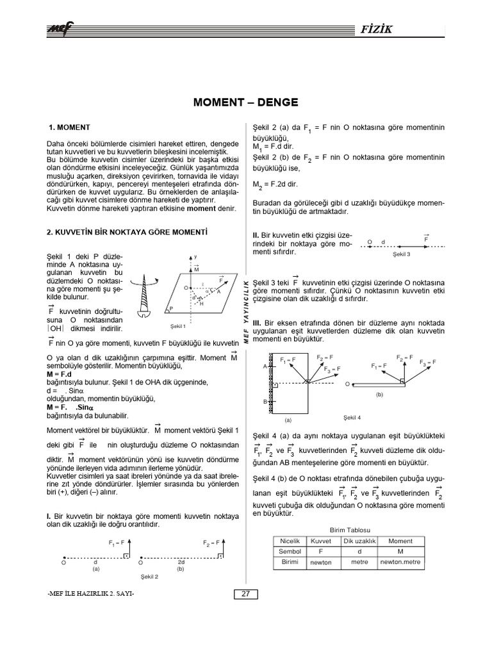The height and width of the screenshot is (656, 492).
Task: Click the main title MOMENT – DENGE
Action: pos(245,102)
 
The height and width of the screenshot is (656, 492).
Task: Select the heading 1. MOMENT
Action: pos(70,127)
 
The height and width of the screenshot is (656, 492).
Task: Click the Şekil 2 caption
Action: pos(149,577)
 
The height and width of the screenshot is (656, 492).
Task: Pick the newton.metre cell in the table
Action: pos(401,562)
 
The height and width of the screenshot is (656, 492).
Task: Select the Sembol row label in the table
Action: pos(290,551)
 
